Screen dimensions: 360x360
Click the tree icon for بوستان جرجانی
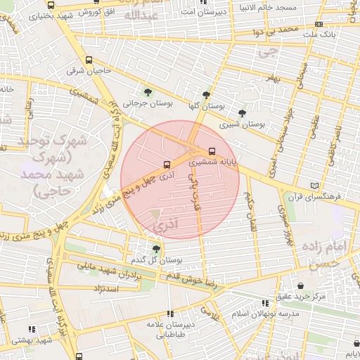point(148,92)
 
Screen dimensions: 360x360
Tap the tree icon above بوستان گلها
point(205,95)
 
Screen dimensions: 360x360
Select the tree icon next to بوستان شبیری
point(243,112)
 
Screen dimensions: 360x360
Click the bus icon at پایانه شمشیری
point(212,151)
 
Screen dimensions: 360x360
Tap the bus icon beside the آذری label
point(167,166)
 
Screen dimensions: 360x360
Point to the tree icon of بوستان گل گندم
point(156,248)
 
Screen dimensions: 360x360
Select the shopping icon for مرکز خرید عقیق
point(302,286)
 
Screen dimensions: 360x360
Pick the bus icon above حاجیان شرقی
point(89,60)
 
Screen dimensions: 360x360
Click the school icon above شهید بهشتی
point(31,329)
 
